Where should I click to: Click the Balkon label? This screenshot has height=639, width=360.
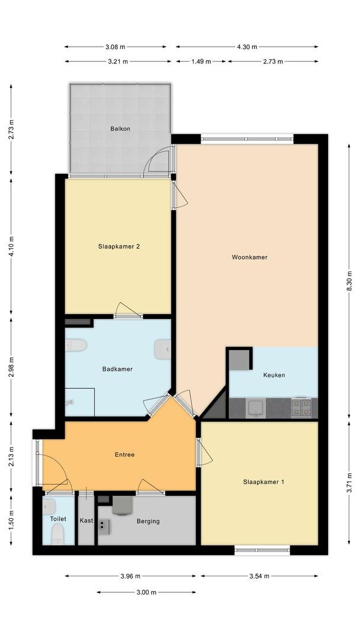[120, 129]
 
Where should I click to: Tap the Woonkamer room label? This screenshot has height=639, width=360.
[249, 257]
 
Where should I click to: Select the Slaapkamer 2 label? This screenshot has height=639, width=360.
[119, 246]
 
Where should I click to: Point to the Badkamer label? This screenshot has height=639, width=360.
[117, 369]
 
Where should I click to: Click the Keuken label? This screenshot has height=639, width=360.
[274, 375]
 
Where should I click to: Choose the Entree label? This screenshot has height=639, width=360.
[125, 455]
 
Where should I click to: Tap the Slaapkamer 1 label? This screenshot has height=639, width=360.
[263, 482]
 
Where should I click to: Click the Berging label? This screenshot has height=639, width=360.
[148, 521]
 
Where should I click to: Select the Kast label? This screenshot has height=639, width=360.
[86, 521]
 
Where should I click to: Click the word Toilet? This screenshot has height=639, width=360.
[58, 519]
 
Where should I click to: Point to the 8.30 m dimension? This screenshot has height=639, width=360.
[349, 282]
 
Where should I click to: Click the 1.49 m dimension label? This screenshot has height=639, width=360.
[201, 62]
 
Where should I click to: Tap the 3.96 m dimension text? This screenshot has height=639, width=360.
[130, 576]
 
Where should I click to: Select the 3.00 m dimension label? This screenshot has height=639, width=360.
[146, 592]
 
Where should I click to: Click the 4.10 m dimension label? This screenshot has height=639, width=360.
[11, 246]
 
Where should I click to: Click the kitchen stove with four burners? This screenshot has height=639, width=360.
[301, 408]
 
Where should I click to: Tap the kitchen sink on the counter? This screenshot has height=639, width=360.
[256, 408]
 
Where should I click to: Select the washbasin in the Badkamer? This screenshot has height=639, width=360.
[163, 349]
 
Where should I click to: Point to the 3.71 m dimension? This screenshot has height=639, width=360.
[349, 483]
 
